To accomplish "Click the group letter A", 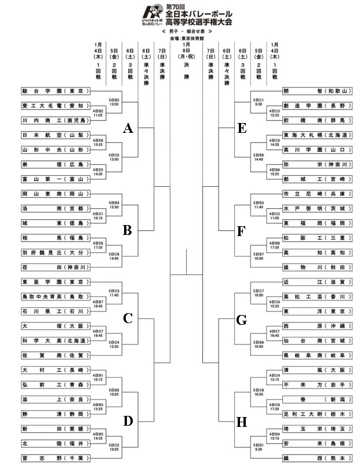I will point(129,129).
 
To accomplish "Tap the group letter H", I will point(242,422).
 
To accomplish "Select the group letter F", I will point(242,231).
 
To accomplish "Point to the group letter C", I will point(129,318).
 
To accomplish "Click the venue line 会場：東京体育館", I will point(186,38).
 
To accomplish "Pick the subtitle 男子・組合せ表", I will point(186,31).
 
